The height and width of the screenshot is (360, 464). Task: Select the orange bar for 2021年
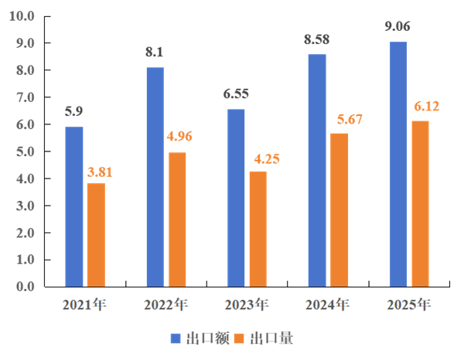96,235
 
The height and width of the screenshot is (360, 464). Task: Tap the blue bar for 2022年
155,177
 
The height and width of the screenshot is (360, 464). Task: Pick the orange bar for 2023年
258,229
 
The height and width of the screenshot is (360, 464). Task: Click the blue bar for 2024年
317,170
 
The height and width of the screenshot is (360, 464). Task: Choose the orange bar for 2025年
420,203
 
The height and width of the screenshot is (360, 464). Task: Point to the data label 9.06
397,27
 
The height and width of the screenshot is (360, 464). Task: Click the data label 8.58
317,40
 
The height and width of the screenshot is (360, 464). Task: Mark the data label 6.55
235,95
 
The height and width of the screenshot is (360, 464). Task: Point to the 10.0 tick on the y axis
24,16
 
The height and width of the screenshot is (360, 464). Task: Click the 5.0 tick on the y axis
24,151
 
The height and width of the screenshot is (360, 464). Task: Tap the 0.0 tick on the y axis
24,287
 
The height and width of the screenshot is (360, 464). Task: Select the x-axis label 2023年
246,304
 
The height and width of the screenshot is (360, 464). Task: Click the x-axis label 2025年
408,304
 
